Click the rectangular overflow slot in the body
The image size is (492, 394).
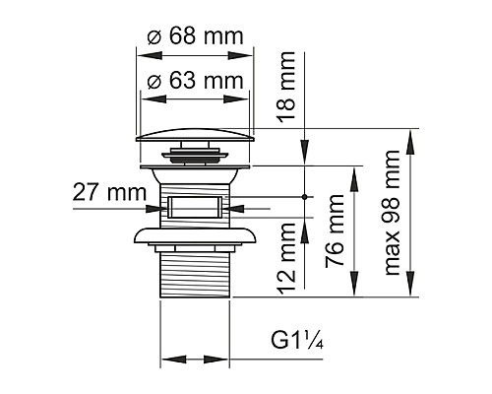pyautogui.click(x=193, y=208)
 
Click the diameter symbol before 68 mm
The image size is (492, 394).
pyautogui.click(x=154, y=35)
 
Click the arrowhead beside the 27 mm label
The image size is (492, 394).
pyautogui.click(x=155, y=208)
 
